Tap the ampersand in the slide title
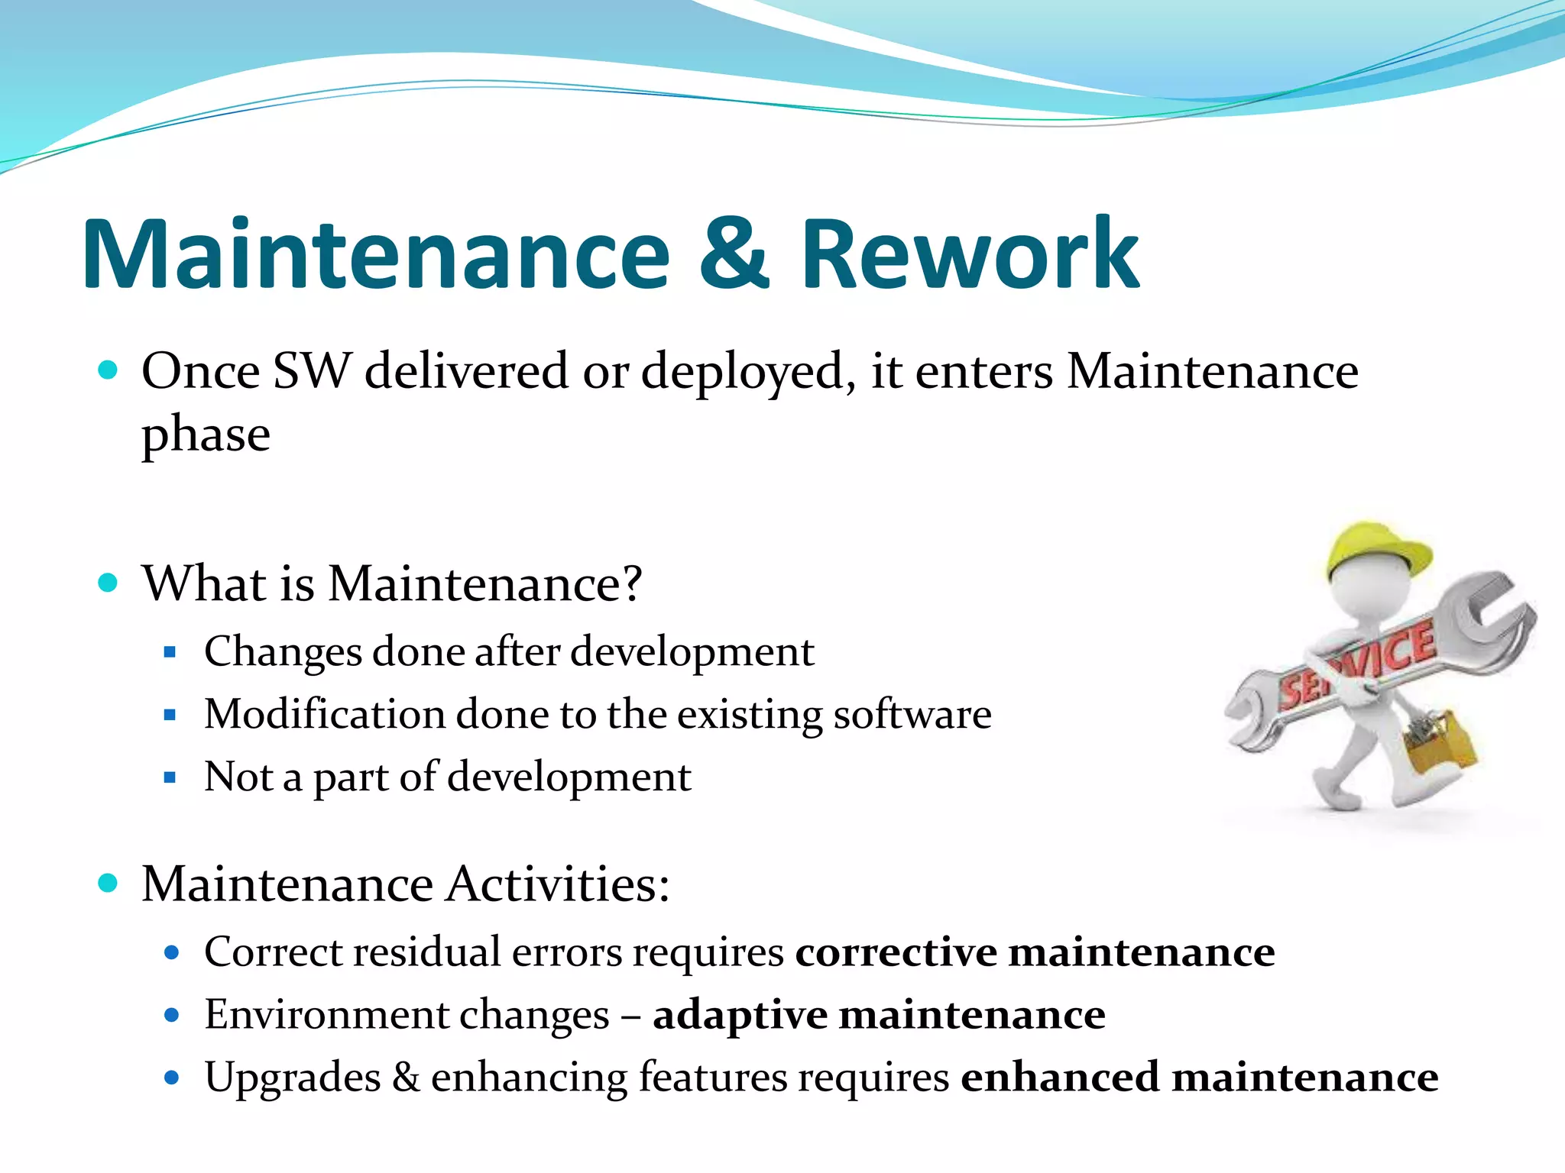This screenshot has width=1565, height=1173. tap(734, 254)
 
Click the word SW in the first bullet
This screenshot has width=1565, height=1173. tap(311, 372)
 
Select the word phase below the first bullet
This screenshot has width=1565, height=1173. tap(206, 435)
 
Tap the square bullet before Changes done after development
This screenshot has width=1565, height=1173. tap(170, 653)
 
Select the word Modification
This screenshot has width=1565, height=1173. tap(324, 714)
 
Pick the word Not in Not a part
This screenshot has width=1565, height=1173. tap(238, 777)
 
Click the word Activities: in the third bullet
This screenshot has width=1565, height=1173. tap(558, 884)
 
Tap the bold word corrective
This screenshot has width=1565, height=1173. tap(896, 952)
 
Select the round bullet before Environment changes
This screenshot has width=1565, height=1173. tap(171, 1016)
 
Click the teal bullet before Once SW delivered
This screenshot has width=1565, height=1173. tap(109, 371)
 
